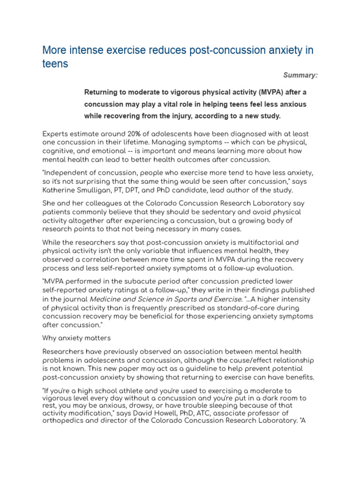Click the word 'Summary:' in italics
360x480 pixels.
(x=300, y=75)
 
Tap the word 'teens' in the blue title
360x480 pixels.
(x=55, y=64)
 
